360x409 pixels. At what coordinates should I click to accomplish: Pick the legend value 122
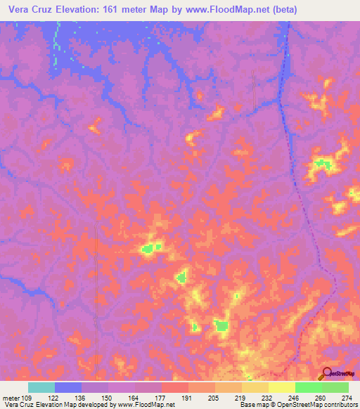55,397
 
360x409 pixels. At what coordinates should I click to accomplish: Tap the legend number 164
134,397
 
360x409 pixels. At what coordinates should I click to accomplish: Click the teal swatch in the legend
41,387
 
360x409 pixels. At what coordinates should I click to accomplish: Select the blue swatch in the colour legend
68,387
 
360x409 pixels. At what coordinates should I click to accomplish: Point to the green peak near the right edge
323,164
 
